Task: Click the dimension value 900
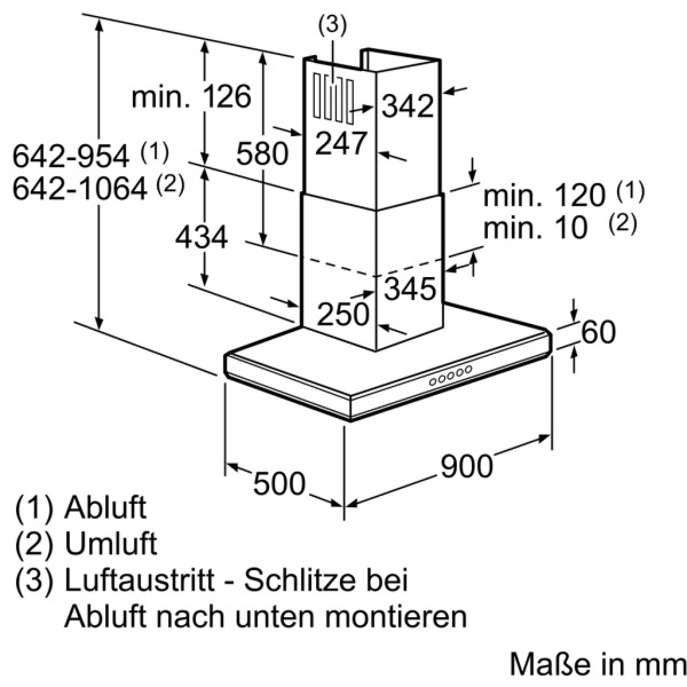(467, 467)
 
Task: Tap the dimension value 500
(279, 484)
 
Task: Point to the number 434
(202, 238)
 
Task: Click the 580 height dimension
(262, 153)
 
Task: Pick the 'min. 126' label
(191, 97)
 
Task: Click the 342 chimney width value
(408, 106)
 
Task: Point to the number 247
(341, 143)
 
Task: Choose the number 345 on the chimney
(410, 288)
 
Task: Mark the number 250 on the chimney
(342, 314)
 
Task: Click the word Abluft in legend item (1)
(105, 507)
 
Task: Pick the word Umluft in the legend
(111, 543)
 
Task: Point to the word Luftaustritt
(140, 579)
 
